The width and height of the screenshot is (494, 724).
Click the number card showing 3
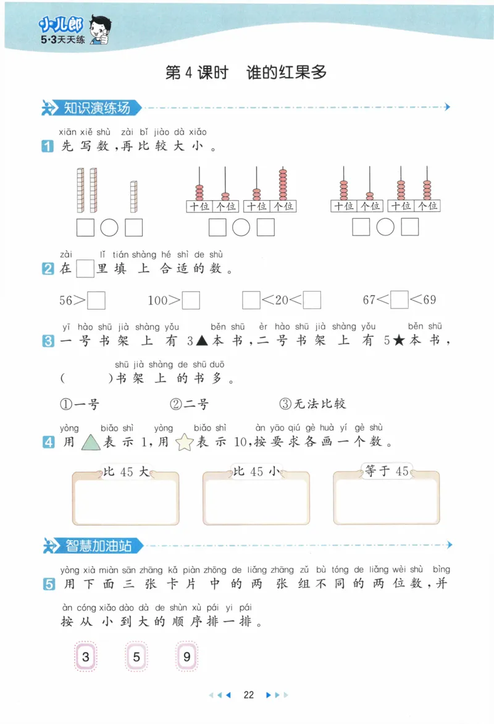pos(86,657)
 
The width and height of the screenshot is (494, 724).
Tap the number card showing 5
pos(136,657)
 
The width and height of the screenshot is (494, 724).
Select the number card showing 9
pos(187,657)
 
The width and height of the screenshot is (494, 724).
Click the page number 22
pos(249,694)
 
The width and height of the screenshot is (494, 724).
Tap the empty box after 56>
pos(97,300)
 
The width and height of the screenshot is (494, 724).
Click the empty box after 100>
pos(191,300)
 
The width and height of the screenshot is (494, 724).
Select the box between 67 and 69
pos(400,300)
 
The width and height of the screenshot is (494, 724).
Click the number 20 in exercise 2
pos(282,300)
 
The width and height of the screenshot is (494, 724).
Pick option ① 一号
pos(80,404)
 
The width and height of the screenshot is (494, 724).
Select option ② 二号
pos(190,404)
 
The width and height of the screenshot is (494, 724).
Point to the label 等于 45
pos(387,471)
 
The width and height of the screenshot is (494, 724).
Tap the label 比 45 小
pos(256,472)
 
